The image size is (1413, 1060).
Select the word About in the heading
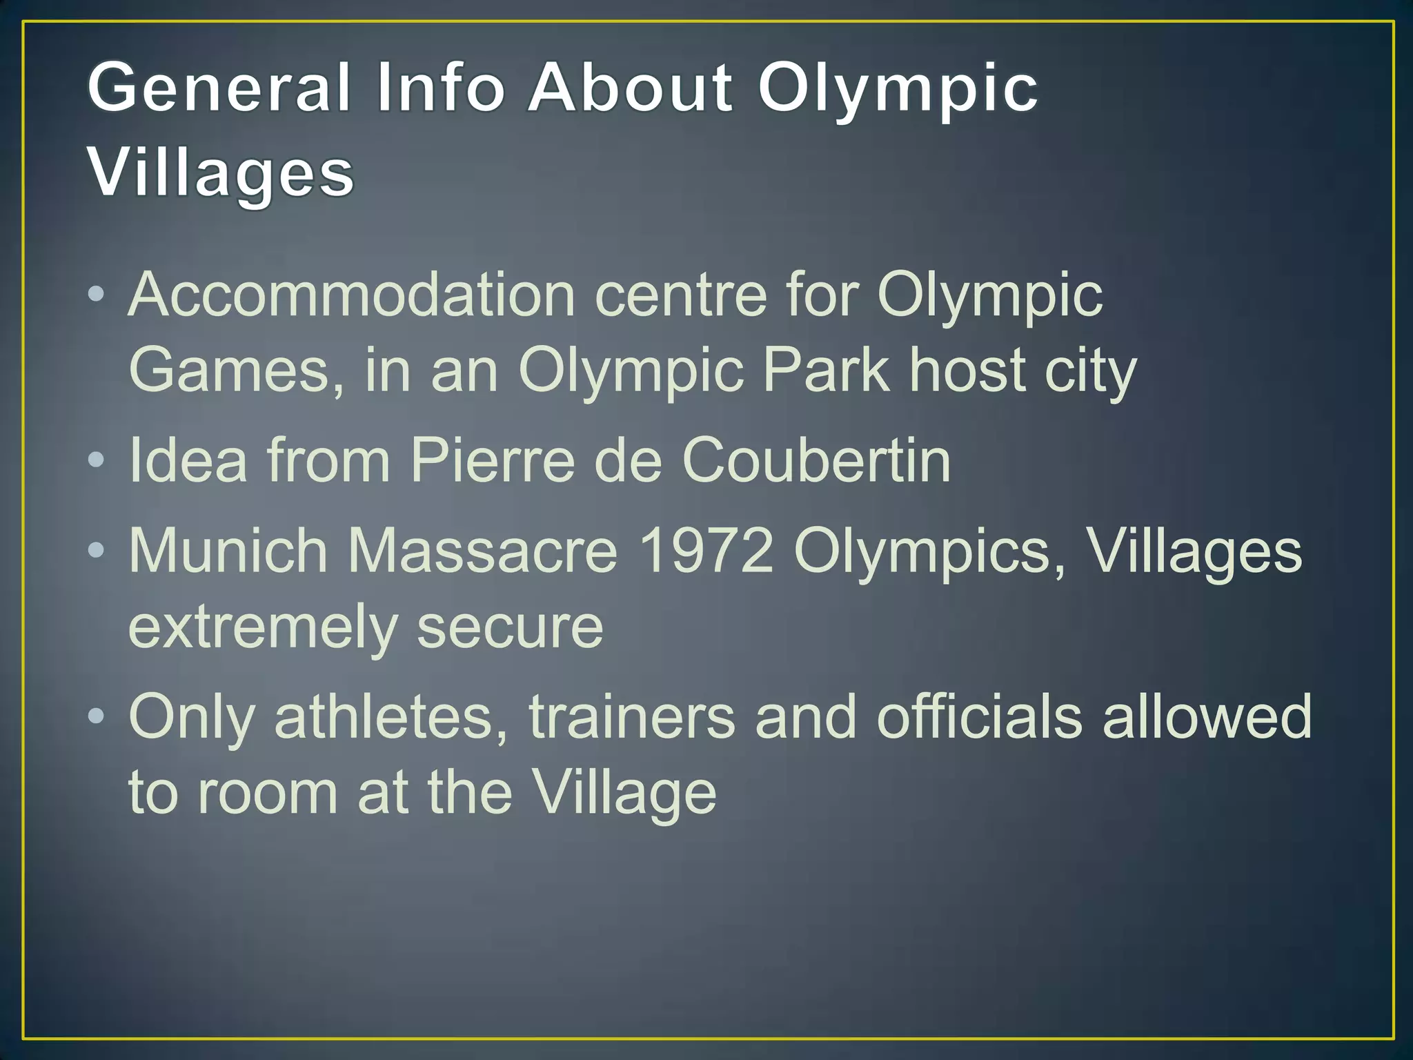[x=630, y=88]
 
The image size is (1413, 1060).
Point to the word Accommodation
[x=352, y=295]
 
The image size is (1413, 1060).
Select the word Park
[x=825, y=371]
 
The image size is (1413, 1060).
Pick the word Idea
[x=188, y=460]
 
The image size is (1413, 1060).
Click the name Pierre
[x=492, y=460]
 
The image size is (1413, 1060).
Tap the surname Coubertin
[x=816, y=460]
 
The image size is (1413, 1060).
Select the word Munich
[x=228, y=551]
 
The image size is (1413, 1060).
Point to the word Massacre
[x=482, y=551]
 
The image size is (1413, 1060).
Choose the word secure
[x=510, y=627]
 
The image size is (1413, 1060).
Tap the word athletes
[x=391, y=717]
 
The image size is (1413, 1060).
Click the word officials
[x=979, y=717]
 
